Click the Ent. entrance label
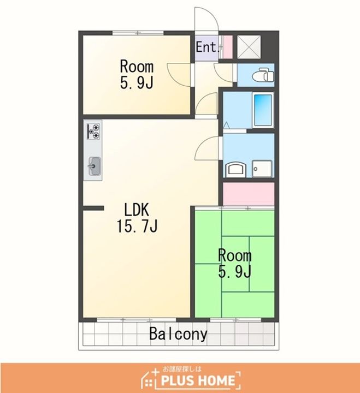coord(207,47)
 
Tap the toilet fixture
coord(263,74)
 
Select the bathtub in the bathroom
coord(263,110)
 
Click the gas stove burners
coord(94,131)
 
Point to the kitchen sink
coord(95,166)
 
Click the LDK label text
coord(137,210)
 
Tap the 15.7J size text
coord(137,226)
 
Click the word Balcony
coord(179,334)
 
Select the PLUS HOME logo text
coord(198,380)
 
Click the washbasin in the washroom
coord(235,169)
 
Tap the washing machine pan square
coord(262,169)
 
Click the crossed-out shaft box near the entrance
coord(249,47)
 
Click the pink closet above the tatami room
coord(249,194)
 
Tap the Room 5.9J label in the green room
coord(234,264)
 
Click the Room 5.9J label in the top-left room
coord(137,74)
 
